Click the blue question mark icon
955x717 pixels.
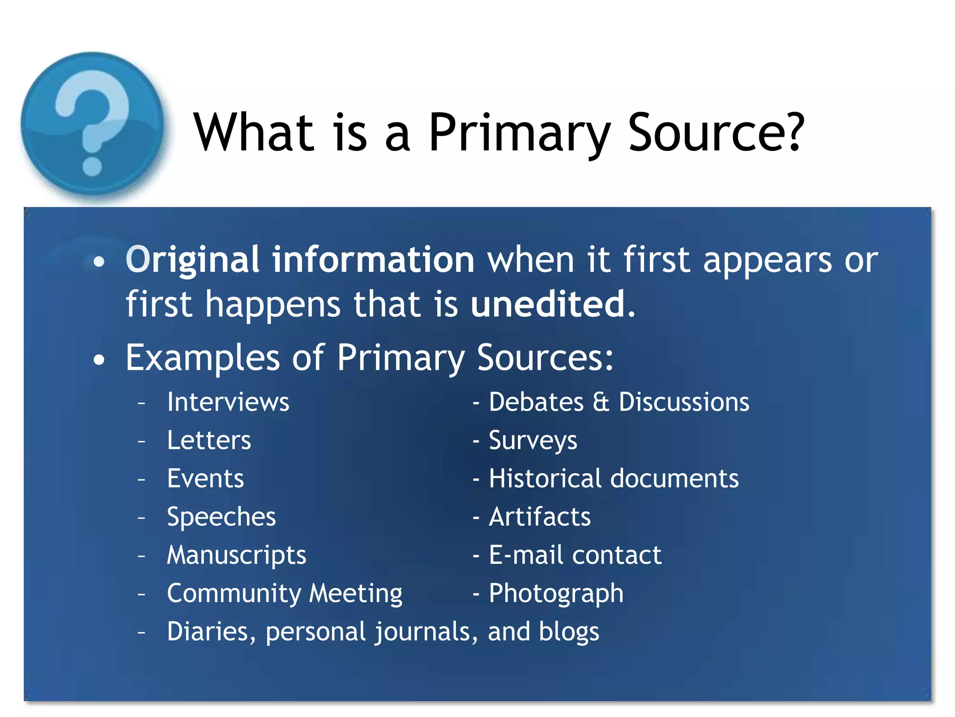(92, 124)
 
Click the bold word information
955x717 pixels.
(373, 260)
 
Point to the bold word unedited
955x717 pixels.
(548, 304)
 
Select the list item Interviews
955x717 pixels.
(228, 402)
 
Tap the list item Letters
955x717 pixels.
(209, 440)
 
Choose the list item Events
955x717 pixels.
(205, 478)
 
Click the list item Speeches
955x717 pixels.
(221, 517)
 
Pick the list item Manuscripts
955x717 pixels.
(236, 555)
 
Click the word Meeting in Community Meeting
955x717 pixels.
(355, 594)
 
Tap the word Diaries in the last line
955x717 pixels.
(211, 632)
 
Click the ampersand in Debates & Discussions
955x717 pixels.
(601, 402)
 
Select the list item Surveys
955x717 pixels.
(533, 441)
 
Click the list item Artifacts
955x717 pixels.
(540, 517)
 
